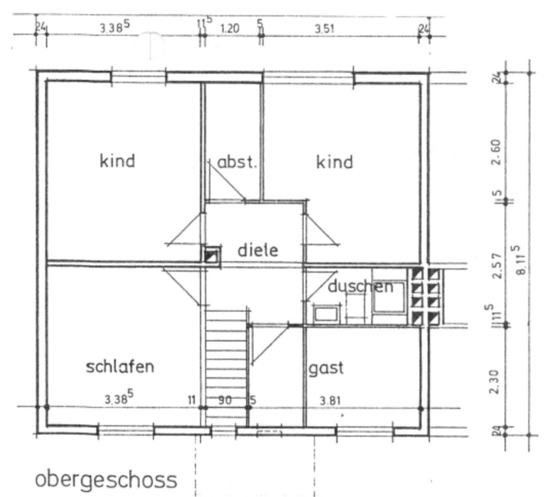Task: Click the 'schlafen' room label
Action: [x=120, y=366]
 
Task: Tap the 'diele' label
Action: [x=257, y=250]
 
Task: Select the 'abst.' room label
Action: [x=237, y=162]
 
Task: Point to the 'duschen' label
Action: [x=360, y=287]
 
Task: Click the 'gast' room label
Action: [x=326, y=368]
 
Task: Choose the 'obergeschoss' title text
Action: [x=106, y=478]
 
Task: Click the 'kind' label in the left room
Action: [x=117, y=160]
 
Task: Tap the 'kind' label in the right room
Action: [x=334, y=162]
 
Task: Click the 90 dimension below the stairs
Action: [x=225, y=400]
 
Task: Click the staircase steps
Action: [x=225, y=358]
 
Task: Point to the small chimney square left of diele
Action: [x=211, y=255]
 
